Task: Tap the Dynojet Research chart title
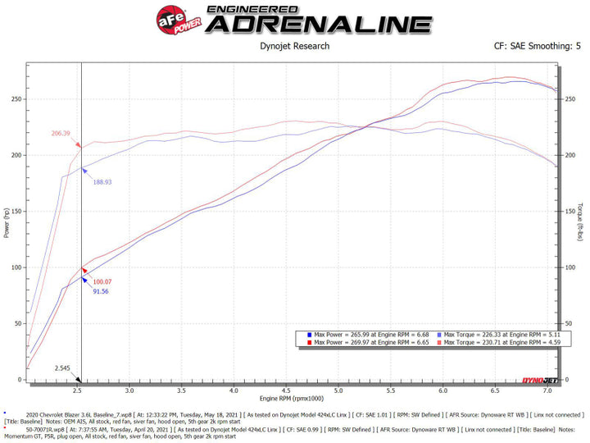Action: click(294, 46)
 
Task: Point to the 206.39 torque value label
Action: click(61, 134)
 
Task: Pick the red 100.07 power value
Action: click(102, 281)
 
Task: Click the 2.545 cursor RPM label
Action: click(62, 368)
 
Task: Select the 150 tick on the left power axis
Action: click(16, 212)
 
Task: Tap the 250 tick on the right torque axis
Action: click(571, 98)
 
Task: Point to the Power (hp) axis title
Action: click(7, 221)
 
